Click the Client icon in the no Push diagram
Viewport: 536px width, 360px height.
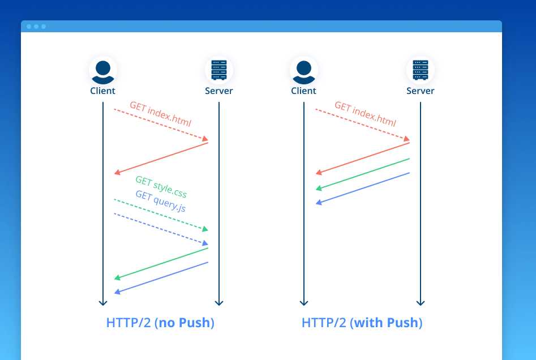[x=102, y=70]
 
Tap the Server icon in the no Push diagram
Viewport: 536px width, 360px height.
[x=218, y=70]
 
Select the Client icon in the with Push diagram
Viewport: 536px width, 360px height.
[x=303, y=70]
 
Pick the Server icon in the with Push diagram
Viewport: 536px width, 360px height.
[x=420, y=70]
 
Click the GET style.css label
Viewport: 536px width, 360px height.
[x=161, y=186]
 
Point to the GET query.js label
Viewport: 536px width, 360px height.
[x=160, y=201]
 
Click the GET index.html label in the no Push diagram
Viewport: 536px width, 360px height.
[x=161, y=114]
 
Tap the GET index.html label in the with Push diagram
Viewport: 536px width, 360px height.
[x=365, y=114]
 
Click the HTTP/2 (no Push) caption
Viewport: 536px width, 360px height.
[x=160, y=323]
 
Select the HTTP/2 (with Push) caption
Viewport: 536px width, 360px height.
[x=362, y=323]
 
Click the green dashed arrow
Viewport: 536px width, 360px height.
[x=161, y=215]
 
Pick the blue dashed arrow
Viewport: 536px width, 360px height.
[x=161, y=229]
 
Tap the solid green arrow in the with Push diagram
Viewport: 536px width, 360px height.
[x=362, y=174]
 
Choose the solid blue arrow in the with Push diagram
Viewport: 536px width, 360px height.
[x=362, y=188]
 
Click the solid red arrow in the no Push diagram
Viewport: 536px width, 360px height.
[x=161, y=158]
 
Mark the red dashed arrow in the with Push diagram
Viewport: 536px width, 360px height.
[x=362, y=123]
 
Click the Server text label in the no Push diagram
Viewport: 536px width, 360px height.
[x=219, y=91]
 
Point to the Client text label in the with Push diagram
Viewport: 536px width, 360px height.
[x=303, y=91]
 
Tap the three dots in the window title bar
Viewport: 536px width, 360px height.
[x=36, y=27]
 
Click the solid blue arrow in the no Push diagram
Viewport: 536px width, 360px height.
[x=161, y=277]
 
